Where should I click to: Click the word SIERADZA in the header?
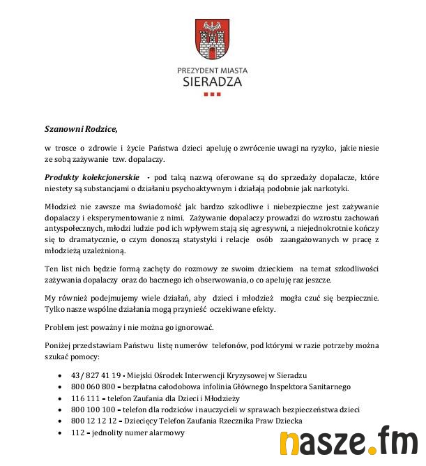pyautogui.click(x=212, y=82)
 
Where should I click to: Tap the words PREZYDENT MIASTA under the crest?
pyautogui.click(x=212, y=70)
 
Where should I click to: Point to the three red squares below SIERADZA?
pyautogui.click(x=212, y=94)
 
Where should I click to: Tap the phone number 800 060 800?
pyautogui.click(x=93, y=386)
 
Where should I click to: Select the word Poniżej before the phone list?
pyautogui.click(x=60, y=347)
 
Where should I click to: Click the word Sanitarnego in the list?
pyautogui.click(x=326, y=386)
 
